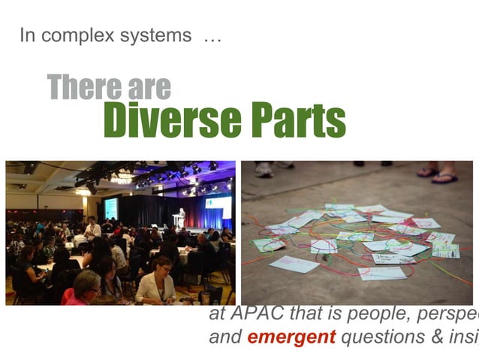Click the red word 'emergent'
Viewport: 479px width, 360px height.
coord(291,337)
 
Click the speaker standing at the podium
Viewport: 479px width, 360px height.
coord(181,217)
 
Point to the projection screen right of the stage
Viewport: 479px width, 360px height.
coord(218,204)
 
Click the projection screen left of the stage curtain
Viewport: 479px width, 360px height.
coord(110,207)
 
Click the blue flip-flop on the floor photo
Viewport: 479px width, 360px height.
coord(445,177)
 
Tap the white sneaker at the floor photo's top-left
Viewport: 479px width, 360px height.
coord(264,169)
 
